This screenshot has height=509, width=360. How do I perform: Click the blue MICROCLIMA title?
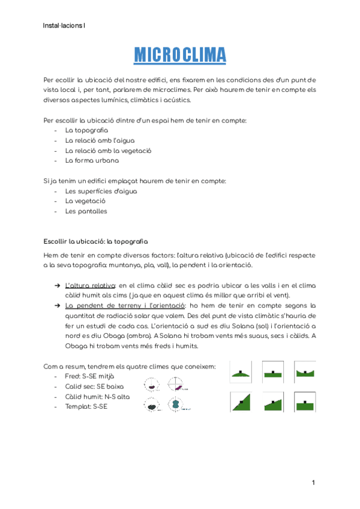[x=180, y=55]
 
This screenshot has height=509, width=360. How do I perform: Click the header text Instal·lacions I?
[x=64, y=26]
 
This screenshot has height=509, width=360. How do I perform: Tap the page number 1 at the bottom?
[x=313, y=483]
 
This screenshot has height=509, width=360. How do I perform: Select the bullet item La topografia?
[x=86, y=130]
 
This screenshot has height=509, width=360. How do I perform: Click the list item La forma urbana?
[x=92, y=160]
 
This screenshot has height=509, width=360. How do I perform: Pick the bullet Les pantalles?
[x=86, y=211]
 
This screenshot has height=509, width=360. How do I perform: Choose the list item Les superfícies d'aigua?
[x=101, y=191]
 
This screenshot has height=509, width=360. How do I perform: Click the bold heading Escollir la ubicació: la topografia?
[x=95, y=241]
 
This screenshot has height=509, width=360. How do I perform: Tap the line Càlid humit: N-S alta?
[x=97, y=397]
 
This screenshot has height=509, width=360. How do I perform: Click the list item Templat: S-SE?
[x=86, y=407]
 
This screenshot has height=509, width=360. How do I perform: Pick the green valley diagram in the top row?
[x=305, y=372]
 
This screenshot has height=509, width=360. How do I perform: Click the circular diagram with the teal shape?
[x=175, y=405]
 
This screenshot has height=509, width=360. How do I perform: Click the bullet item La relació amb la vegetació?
[x=108, y=150]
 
